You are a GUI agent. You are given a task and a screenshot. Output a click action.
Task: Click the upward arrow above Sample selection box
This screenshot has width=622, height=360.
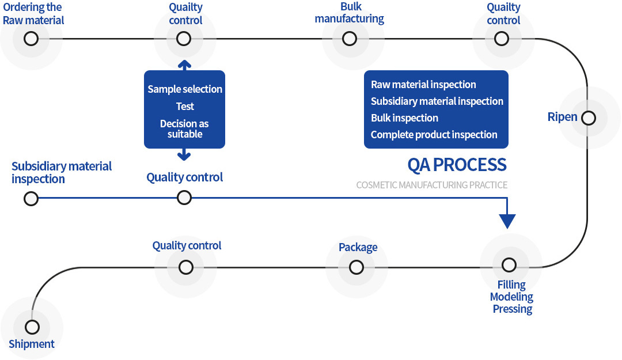pos(184,65)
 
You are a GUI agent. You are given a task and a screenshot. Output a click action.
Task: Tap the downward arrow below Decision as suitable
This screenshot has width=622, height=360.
pos(184,154)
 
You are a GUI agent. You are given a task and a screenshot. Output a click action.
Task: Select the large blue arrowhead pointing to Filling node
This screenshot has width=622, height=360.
pos(507,221)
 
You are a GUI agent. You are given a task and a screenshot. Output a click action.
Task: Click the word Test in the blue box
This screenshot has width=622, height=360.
pos(185,107)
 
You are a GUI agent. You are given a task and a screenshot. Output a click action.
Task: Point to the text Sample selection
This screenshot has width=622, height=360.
pos(185,89)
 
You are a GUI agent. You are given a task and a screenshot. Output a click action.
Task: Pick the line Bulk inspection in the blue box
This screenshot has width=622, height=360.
pos(405,118)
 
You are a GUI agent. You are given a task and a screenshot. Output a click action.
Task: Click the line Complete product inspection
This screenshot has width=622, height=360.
pos(434,135)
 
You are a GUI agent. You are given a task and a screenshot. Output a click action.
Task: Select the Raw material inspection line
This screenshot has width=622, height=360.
pos(423,85)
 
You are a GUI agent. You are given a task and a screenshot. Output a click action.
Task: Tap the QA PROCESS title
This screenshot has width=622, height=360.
pos(457,165)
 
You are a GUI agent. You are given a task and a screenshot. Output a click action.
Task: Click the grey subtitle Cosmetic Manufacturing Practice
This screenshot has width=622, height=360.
pos(431,185)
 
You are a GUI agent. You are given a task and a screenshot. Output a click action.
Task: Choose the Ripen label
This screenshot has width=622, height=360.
pos(563,117)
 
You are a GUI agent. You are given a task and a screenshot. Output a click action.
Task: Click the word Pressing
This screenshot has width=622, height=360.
pos(513,309)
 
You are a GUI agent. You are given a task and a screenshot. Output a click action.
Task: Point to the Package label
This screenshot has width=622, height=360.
pos(358,247)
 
